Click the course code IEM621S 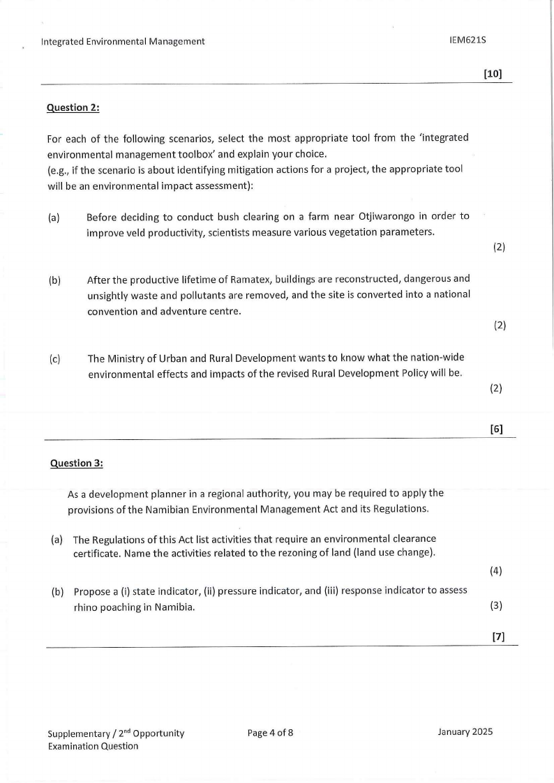(x=467, y=40)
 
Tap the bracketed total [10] (x=493, y=73)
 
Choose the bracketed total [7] (x=498, y=636)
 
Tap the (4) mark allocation (x=496, y=571)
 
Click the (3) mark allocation (x=496, y=605)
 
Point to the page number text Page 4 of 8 (x=270, y=732)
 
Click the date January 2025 (x=465, y=731)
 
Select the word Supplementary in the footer (x=77, y=733)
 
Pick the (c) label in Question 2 (x=54, y=359)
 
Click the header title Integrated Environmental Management (x=123, y=41)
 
